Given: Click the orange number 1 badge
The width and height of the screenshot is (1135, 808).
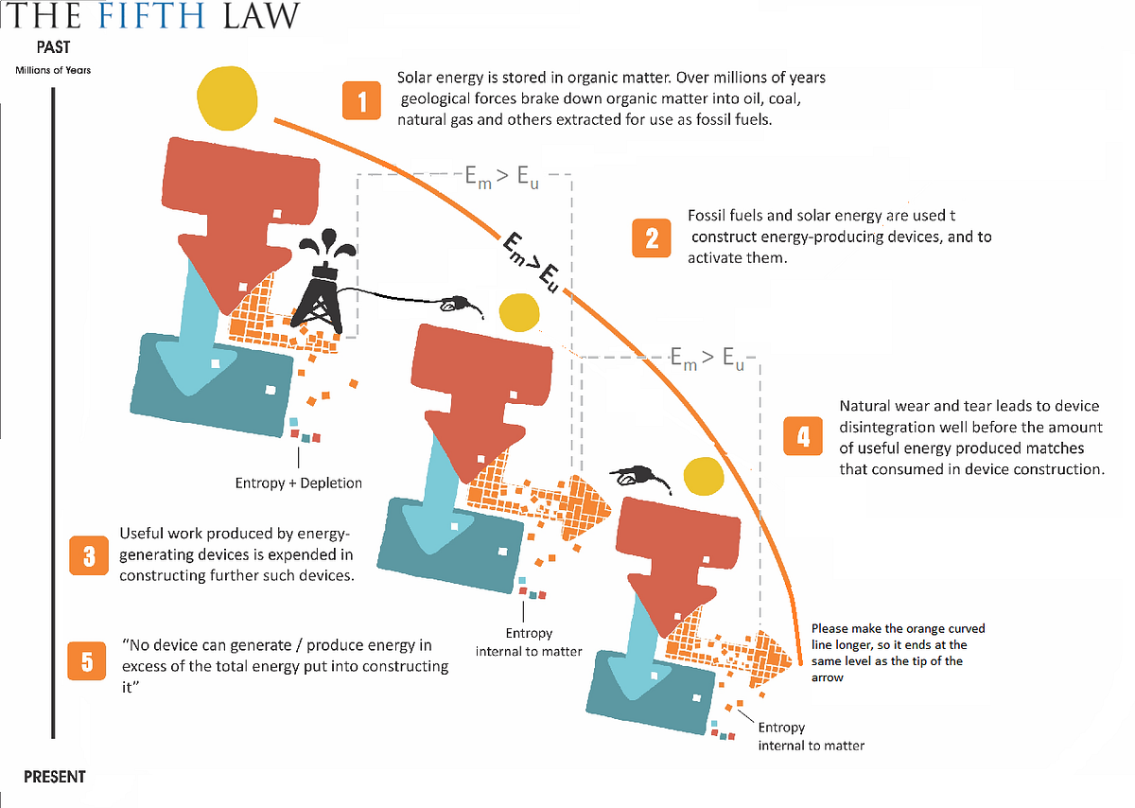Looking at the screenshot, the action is coord(361,100).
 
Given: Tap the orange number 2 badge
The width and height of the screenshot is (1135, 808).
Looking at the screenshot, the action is coord(652,238).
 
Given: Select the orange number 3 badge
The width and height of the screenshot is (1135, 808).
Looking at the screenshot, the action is coord(89,555).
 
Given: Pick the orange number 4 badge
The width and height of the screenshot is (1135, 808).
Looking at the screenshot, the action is coord(803,436).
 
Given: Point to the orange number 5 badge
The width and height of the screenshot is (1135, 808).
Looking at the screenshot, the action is coord(87,661).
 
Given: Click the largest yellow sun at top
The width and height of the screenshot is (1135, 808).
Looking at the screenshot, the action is coord(227,97).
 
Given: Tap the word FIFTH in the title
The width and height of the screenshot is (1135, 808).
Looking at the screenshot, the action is coord(151,15).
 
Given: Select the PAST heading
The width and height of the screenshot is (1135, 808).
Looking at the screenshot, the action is coord(53,47).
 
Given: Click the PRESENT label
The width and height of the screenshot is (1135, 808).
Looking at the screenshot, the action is coord(55,777).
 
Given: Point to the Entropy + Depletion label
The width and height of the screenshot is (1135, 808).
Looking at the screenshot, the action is coord(299,483).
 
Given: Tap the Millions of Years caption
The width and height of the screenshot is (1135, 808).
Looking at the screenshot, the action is coord(53,70).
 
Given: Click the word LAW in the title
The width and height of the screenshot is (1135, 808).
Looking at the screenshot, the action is coord(261,15).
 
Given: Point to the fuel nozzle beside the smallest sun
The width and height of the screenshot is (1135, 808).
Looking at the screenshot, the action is coord(639,477).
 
